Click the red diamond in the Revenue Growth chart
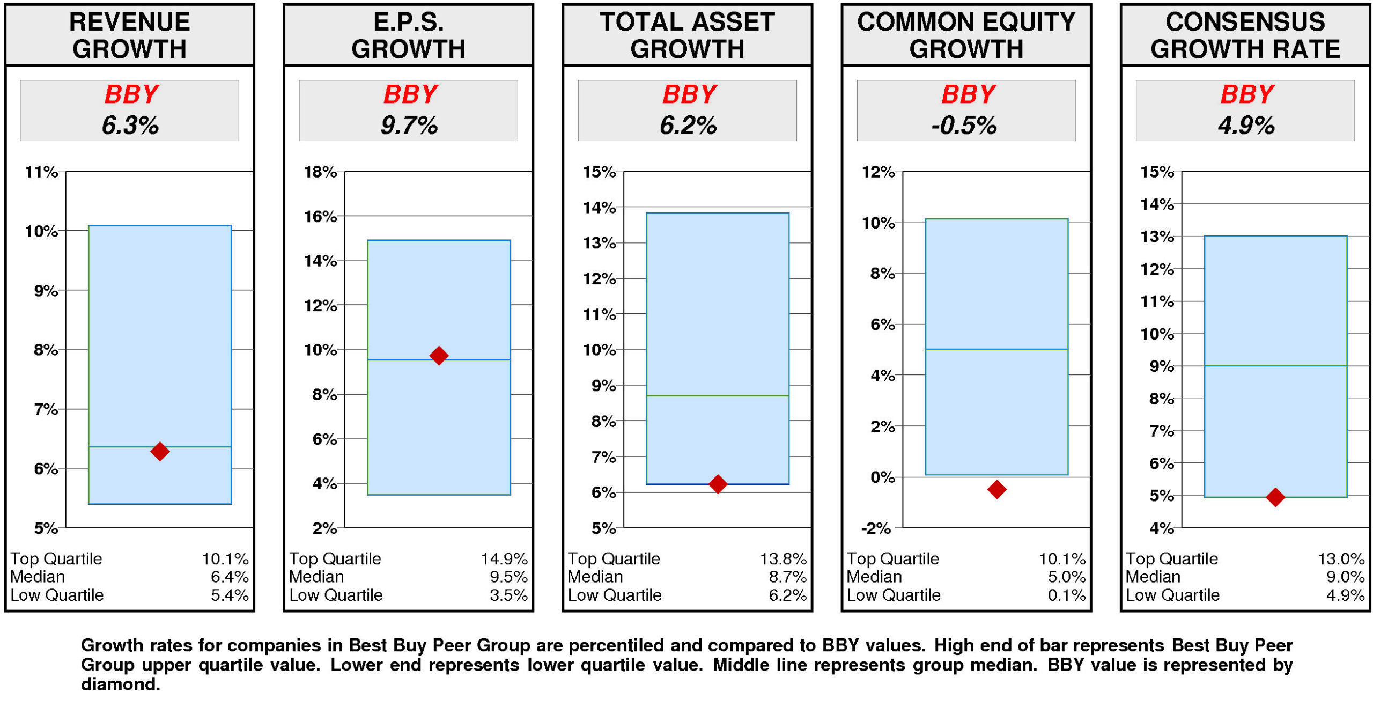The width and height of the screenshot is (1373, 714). pos(159,451)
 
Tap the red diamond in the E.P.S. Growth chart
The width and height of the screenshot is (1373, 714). pos(438,355)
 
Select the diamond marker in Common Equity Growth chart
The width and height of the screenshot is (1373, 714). pos(996,488)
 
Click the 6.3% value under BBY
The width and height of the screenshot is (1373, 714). pos(130,125)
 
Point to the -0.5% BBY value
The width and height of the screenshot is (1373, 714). pos(964,125)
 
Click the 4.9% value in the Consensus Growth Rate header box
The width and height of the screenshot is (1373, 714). pos(1245,125)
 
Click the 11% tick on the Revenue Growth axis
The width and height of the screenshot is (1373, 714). pos(41,172)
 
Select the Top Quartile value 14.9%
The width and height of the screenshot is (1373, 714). pos(504,558)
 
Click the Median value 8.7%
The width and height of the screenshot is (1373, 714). pos(787,577)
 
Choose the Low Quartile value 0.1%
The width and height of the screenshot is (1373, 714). pos(1066,594)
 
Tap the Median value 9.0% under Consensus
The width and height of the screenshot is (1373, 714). pos(1345,577)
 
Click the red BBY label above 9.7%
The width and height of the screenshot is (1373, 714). pos(410,94)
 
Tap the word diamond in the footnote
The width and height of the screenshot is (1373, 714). pos(120,684)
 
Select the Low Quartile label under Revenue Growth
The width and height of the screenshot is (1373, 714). pos(57,594)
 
